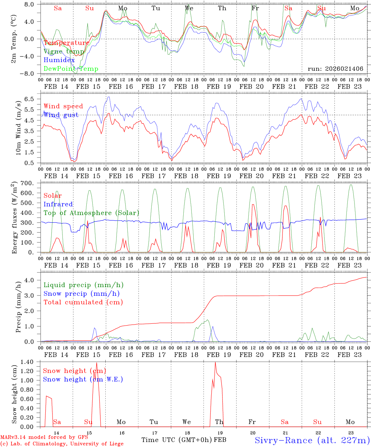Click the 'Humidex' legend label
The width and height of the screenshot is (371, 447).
click(x=59, y=60)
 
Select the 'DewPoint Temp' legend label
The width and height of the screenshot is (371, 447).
click(x=71, y=69)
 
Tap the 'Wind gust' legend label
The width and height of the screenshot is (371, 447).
click(x=61, y=115)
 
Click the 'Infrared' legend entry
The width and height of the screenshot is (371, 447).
click(x=58, y=204)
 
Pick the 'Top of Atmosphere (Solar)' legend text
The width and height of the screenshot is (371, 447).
click(x=91, y=213)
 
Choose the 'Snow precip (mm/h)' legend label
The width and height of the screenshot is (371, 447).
click(x=82, y=294)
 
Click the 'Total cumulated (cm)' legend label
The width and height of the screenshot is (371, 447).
click(x=83, y=302)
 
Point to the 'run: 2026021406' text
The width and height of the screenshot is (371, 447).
click(x=335, y=69)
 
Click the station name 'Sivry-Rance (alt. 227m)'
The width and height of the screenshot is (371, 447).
click(x=312, y=440)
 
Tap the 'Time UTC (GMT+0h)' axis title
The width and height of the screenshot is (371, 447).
click(x=177, y=440)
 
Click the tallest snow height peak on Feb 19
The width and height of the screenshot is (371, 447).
click(x=215, y=363)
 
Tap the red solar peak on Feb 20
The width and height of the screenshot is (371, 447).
click(x=253, y=205)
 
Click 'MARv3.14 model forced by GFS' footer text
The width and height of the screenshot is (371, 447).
click(x=44, y=437)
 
